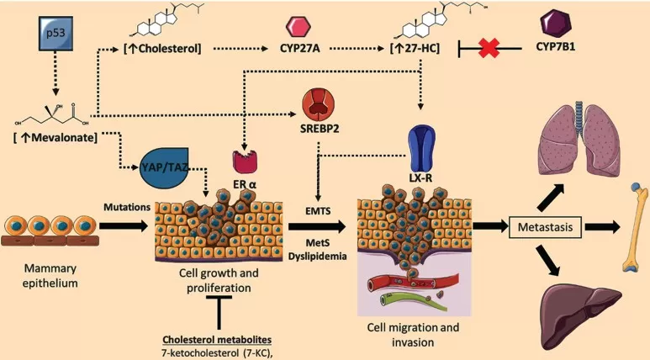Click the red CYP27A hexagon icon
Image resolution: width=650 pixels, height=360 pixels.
pos(300,22)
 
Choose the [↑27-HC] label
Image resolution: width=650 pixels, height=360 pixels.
pos(420,50)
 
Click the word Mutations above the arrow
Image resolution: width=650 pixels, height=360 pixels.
pos(124,204)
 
